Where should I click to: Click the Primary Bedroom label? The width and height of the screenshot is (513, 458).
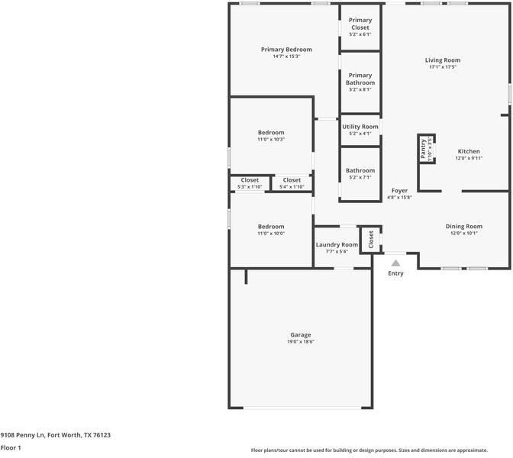(286, 50)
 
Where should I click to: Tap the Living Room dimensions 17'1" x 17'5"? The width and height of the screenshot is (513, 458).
(443, 67)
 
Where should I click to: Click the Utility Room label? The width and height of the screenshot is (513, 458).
(360, 127)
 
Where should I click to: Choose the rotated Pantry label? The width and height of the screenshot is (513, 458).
(424, 149)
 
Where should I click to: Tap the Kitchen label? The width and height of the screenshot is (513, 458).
(469, 151)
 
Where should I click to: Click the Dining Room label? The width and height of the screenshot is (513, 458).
(464, 226)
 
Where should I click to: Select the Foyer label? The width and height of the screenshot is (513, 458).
(400, 190)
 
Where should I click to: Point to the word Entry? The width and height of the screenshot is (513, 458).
(395, 273)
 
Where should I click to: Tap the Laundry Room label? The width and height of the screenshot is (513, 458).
(337, 244)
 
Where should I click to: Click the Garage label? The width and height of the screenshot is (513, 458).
(300, 335)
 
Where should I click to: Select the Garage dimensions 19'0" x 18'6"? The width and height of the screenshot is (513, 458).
(300, 342)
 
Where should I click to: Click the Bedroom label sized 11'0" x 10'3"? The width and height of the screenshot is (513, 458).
(270, 132)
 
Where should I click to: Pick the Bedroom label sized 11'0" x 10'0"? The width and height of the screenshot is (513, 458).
(270, 227)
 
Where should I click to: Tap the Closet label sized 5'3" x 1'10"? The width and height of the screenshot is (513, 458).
(250, 180)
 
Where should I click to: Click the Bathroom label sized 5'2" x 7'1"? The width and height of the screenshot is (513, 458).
(360, 171)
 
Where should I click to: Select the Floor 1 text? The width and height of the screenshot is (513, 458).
(11, 448)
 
